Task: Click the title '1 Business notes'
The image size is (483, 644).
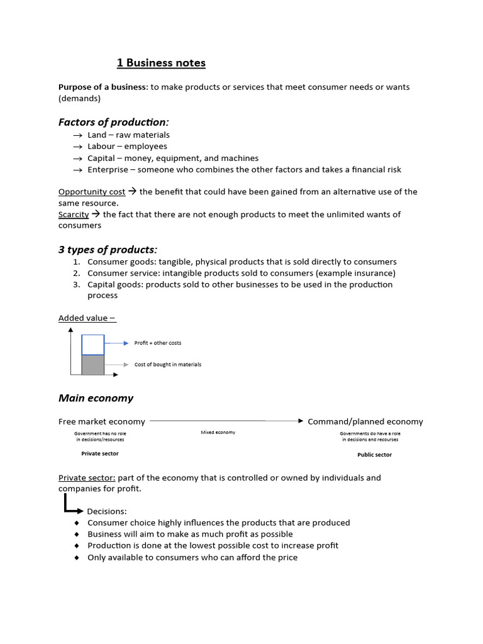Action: [x=161, y=63]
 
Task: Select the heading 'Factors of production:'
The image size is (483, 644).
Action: [x=114, y=121]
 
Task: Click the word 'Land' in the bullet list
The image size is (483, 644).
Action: [x=97, y=135]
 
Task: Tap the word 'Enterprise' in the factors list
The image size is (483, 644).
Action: [x=109, y=170]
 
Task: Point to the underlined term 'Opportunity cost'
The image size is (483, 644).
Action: [x=92, y=192]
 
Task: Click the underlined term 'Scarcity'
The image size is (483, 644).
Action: [x=74, y=214]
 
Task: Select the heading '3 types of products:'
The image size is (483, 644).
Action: [x=108, y=250]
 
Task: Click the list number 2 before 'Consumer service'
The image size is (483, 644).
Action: [x=75, y=274]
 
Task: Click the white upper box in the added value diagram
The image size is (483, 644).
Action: [x=93, y=345]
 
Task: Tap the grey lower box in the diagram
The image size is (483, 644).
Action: [x=93, y=365]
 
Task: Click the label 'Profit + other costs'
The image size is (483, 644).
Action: [x=158, y=343]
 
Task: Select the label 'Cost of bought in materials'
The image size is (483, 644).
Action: [x=168, y=365]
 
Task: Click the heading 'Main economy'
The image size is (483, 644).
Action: [x=96, y=398]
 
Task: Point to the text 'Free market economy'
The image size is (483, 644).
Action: [x=101, y=422]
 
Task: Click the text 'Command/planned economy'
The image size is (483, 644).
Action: [x=365, y=422]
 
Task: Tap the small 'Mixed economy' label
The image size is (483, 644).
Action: [x=218, y=433]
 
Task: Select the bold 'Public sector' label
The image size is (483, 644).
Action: [x=374, y=455]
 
